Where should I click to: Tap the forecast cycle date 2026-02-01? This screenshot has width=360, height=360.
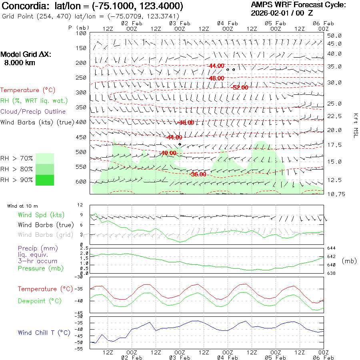coord(271,13)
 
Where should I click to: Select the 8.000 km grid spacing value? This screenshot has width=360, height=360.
coord(19,62)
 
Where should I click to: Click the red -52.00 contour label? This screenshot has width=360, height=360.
coord(240,87)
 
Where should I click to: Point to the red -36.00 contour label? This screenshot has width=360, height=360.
coord(198,174)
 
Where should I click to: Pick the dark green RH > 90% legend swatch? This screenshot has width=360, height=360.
coord(45,180)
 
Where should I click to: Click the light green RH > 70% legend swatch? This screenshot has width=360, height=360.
coord(45,158)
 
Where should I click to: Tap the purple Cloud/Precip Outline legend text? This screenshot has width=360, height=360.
coord(33,111)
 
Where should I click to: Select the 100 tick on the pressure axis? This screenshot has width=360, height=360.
coord(81,33)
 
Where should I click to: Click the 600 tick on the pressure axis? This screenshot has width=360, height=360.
coord(81,182)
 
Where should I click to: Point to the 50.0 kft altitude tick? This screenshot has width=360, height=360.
coord(334,36)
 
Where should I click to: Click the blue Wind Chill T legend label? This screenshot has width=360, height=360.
coord(44,332)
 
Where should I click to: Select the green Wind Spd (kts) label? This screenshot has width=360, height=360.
coord(41,215)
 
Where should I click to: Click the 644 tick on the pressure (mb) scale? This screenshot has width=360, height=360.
coord(332,248)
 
